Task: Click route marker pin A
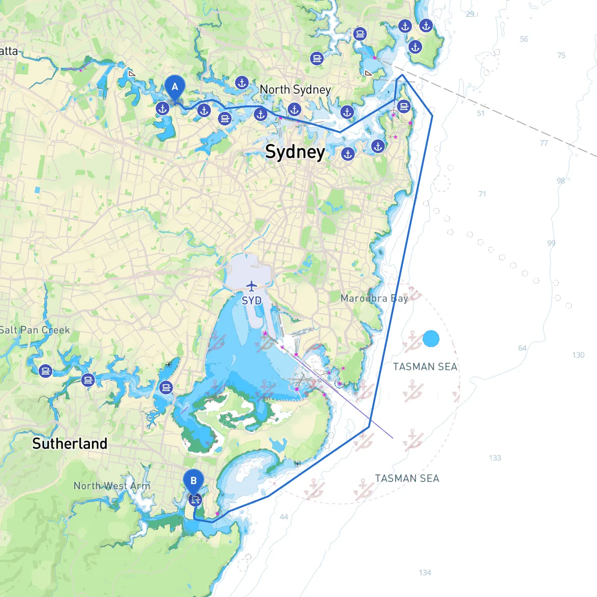click(175, 87)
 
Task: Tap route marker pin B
click(194, 481)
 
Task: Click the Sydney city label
click(295, 152)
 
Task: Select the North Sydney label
click(295, 90)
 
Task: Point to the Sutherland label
click(69, 444)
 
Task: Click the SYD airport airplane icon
click(251, 285)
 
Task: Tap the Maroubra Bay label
click(374, 298)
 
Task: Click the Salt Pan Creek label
click(35, 330)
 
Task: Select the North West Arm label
click(112, 486)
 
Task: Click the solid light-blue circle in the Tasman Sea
click(431, 339)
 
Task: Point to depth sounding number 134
click(425, 572)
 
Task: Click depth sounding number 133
click(495, 458)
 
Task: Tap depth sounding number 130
click(578, 355)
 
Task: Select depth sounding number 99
click(551, 243)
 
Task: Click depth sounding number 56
click(524, 39)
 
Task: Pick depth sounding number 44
click(284, 517)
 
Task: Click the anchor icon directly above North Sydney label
click(242, 83)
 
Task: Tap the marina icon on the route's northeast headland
click(404, 106)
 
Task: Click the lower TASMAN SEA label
click(407, 479)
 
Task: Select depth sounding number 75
click(561, 56)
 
